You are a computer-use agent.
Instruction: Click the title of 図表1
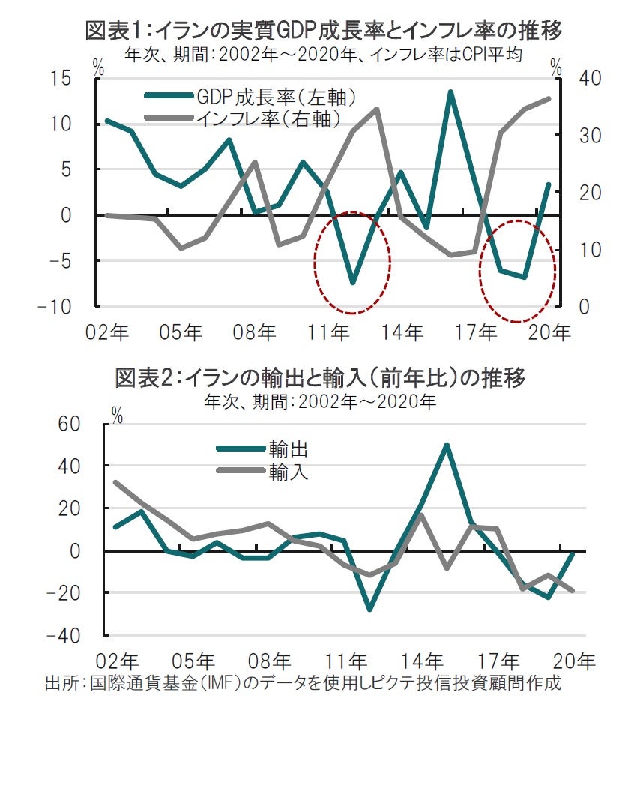(x=324, y=31)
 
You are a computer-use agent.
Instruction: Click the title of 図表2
(x=320, y=377)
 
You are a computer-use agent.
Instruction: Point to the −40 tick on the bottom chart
(x=61, y=635)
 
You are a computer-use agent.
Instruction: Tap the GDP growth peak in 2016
(x=450, y=91)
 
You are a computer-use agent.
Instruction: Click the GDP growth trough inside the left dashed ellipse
(x=352, y=282)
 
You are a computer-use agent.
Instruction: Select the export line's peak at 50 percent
(x=446, y=445)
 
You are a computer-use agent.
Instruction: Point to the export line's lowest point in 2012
(x=369, y=610)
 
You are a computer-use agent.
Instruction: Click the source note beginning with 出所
(x=303, y=684)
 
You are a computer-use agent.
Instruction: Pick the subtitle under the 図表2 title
(x=320, y=400)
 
